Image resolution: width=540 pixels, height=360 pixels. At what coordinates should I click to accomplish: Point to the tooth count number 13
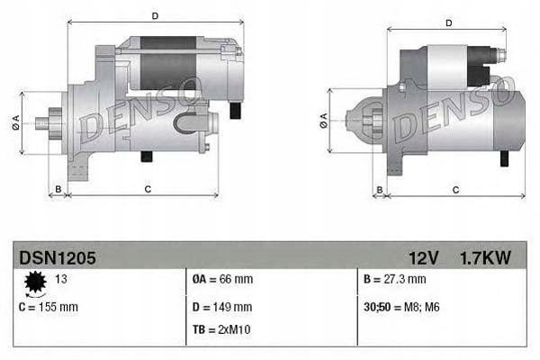coord(63,279)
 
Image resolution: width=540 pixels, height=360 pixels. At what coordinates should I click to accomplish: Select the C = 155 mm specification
coord(49,307)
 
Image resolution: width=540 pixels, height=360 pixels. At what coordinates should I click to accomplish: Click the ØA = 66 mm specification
coord(223,279)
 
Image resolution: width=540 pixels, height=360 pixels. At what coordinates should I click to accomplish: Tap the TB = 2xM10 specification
coord(222,329)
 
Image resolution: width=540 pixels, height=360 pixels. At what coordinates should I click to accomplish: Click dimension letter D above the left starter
coord(155,16)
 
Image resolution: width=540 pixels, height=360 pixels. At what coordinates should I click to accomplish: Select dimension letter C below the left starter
coord(147,189)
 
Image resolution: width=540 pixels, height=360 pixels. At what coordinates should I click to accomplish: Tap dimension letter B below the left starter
coord(58,189)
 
